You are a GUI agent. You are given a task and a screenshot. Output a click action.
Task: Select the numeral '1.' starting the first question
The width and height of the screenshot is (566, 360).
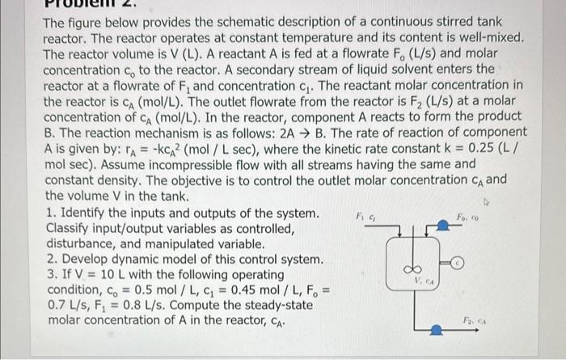point(50,213)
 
